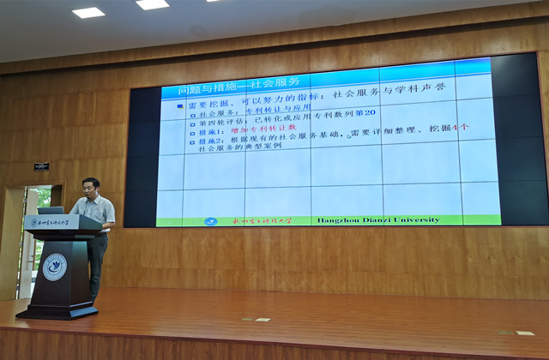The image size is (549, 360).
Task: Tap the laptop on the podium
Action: (x=51, y=210)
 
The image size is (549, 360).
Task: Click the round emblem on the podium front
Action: (x=54, y=267)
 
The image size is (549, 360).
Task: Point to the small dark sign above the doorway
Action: (x=41, y=166)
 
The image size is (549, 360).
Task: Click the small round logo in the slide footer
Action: (x=211, y=221)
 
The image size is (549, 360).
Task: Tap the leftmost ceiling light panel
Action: (x=87, y=12)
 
